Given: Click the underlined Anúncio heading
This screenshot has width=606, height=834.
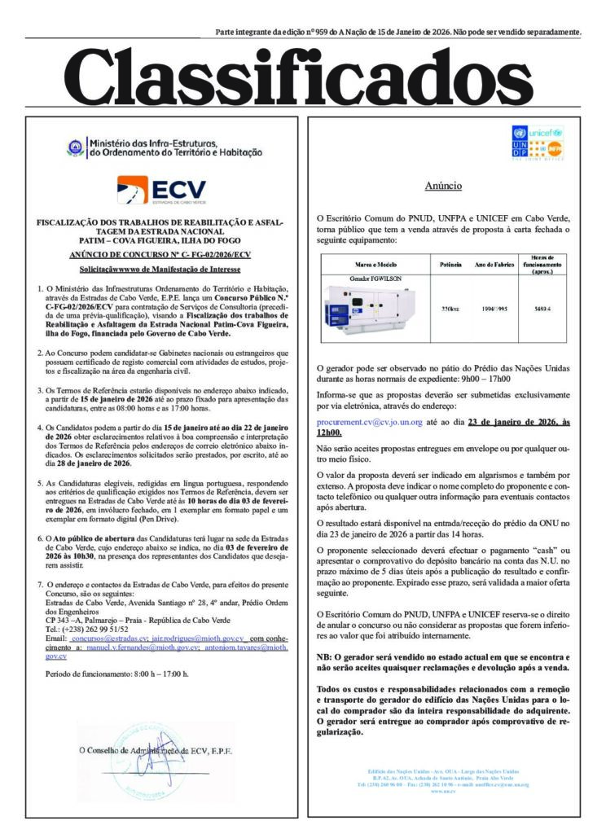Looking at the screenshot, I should (444, 186).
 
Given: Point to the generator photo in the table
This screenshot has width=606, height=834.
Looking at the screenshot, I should (363, 310).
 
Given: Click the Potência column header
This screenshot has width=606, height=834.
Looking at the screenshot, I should (450, 266).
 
